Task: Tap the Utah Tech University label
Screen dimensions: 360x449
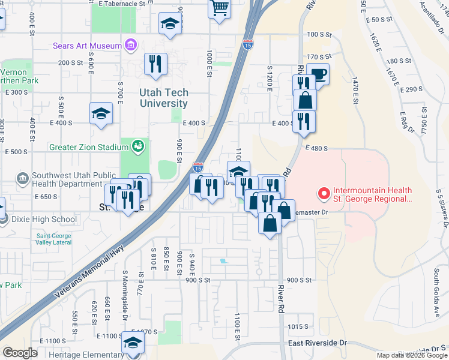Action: point(164,98)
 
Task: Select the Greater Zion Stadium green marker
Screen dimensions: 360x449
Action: point(138,145)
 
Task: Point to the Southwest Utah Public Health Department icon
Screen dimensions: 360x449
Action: point(23,178)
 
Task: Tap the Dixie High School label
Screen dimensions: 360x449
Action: point(44,219)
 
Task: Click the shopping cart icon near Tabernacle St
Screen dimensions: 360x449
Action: point(220,9)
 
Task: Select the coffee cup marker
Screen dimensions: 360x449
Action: point(318,74)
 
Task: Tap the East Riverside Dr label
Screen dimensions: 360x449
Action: point(318,343)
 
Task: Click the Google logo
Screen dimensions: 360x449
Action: point(19,353)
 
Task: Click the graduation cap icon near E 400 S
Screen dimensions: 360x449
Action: point(101,113)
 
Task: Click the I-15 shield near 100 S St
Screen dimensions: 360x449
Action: point(248,44)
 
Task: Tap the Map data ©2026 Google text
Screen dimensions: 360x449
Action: point(411,355)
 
